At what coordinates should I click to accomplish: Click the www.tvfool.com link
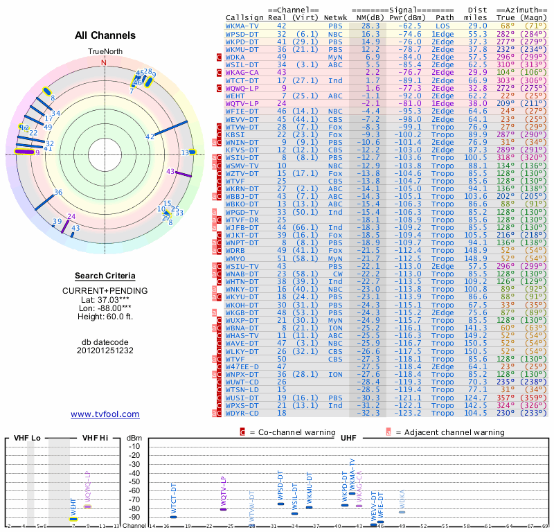(x=105, y=414)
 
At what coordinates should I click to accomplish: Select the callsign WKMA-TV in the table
(x=242, y=26)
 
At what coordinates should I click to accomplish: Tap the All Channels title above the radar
(x=105, y=35)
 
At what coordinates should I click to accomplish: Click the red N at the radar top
(x=105, y=62)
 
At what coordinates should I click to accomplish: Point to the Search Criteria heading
(x=105, y=275)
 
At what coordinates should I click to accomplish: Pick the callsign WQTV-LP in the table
(x=242, y=103)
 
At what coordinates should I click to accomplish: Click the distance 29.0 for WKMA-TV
(x=478, y=26)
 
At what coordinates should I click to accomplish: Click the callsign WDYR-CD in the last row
(x=242, y=414)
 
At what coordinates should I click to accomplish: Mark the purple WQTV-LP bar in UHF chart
(x=223, y=509)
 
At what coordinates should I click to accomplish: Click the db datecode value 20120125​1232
(x=105, y=351)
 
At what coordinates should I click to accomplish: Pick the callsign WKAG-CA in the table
(x=242, y=72)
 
